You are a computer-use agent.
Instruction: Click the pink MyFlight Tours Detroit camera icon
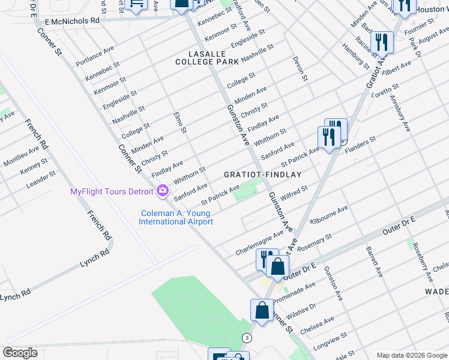click(162, 191)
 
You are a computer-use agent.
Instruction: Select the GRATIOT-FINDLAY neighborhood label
click(262, 174)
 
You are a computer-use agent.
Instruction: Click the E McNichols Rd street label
click(71, 21)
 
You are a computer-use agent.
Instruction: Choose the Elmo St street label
click(180, 122)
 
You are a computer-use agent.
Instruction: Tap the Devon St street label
click(300, 69)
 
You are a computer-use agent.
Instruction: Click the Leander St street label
click(41, 179)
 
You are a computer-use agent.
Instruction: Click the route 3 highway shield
click(246, 338)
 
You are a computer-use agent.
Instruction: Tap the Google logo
click(20, 353)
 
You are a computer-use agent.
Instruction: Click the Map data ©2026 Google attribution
click(412, 355)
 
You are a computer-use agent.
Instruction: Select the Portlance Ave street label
click(95, 56)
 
